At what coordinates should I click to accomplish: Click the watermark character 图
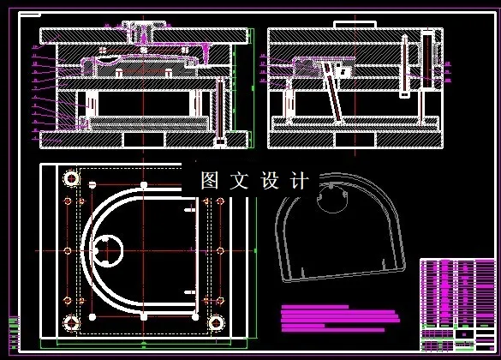210,181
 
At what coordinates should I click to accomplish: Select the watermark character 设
270,181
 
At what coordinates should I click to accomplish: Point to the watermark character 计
299,181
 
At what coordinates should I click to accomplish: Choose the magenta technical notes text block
338,316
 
